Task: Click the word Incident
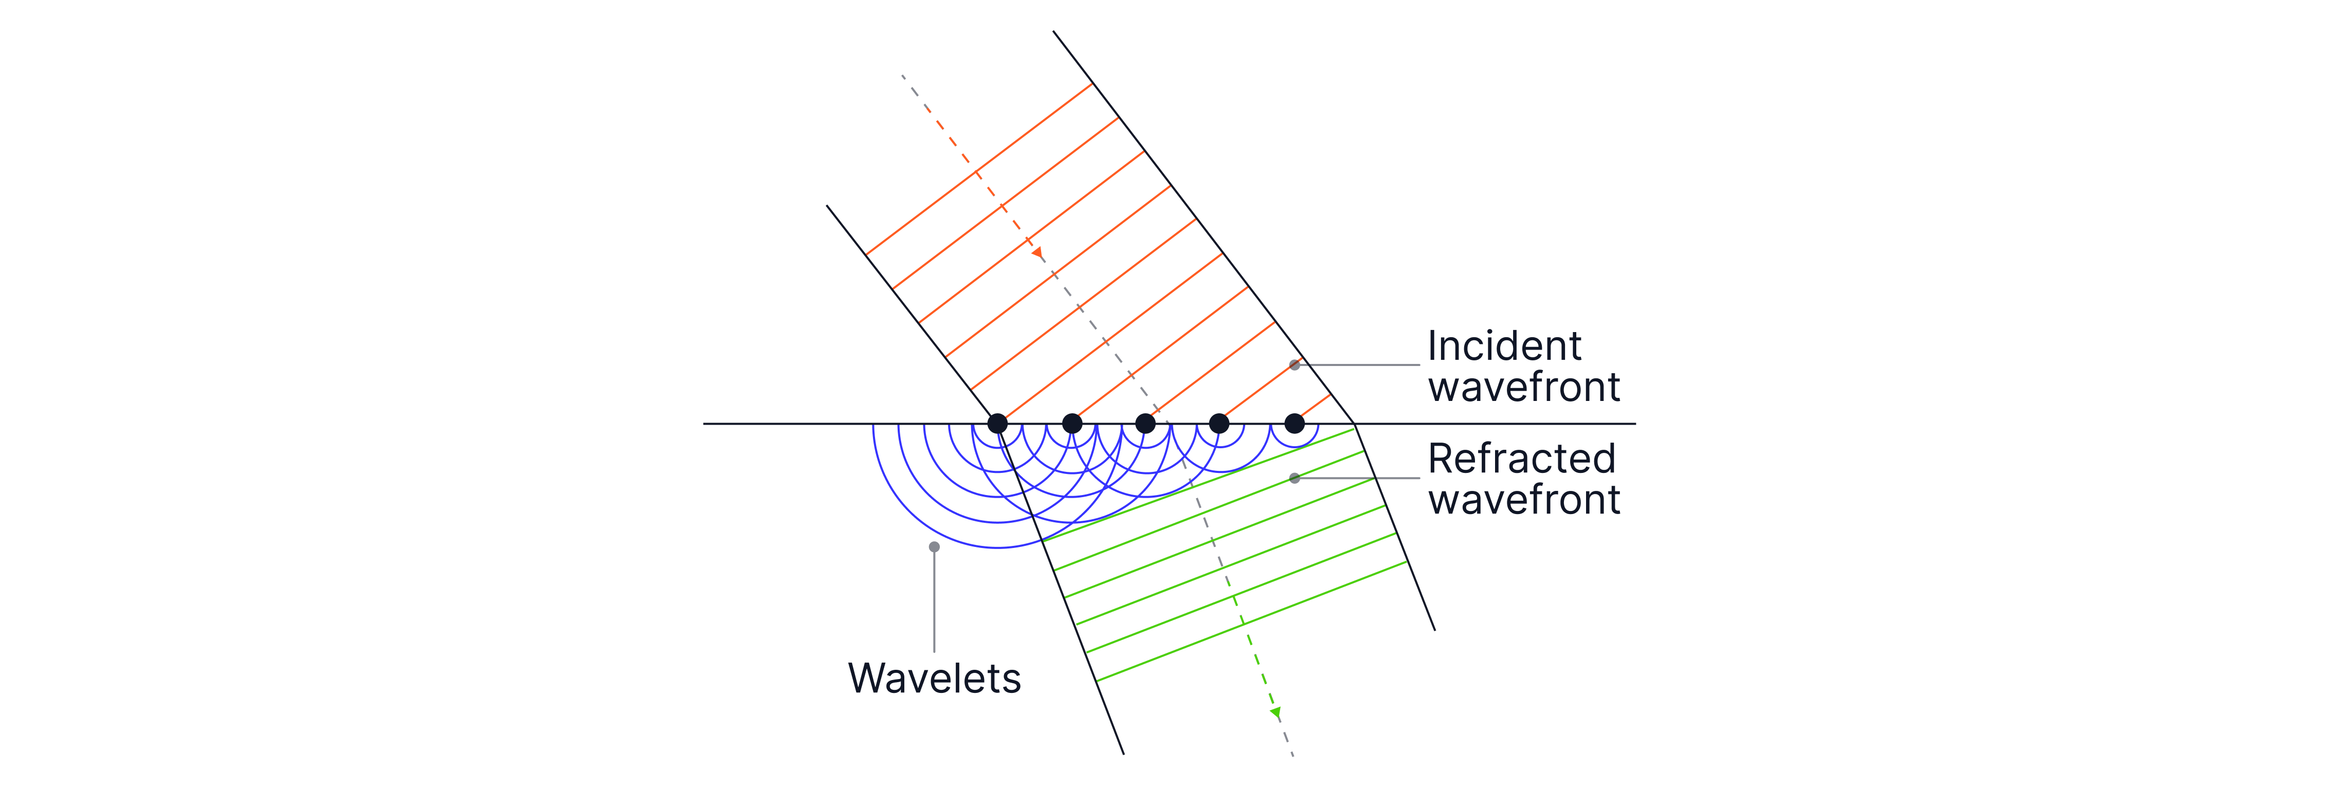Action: pos(1504,346)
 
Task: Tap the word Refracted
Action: pos(1521,459)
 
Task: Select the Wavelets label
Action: pos(934,679)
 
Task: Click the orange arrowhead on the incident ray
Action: pos(1037,252)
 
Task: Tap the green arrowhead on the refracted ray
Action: pos(1276,711)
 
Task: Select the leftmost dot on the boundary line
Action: pos(997,423)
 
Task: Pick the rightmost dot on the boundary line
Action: pos(1294,423)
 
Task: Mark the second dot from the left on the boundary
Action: pos(1072,423)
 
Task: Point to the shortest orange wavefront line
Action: pos(1316,406)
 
